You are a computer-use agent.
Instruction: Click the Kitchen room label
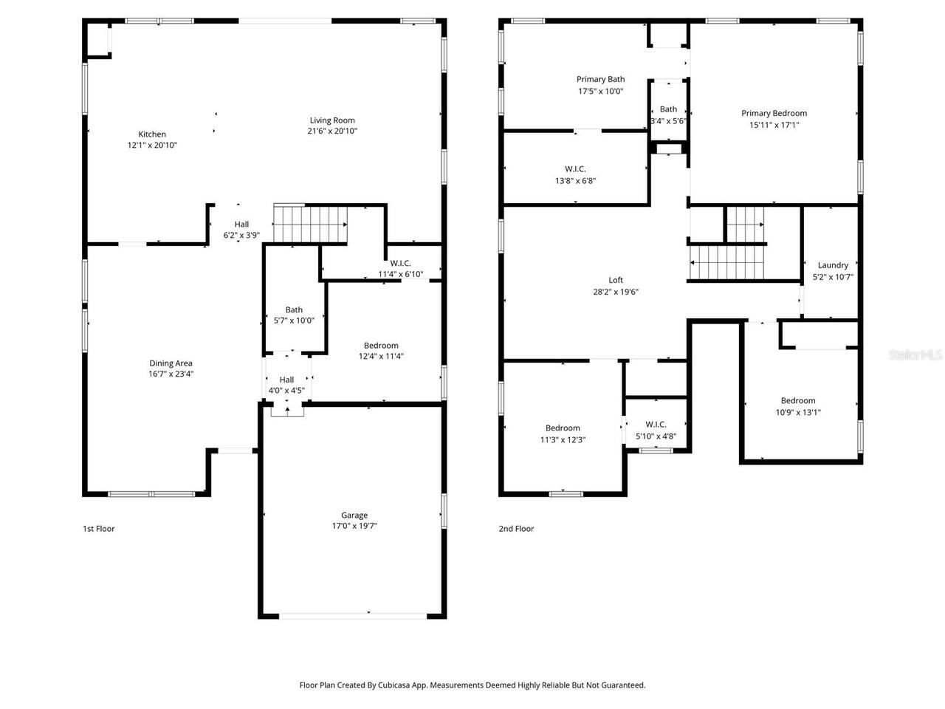[x=152, y=134]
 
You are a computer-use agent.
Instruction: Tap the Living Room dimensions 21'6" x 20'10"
[x=331, y=131]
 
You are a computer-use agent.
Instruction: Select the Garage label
[x=354, y=516]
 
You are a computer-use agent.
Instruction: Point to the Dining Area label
[x=171, y=363]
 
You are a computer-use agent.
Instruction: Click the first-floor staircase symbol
[x=310, y=224]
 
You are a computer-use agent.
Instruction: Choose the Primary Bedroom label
[x=774, y=114]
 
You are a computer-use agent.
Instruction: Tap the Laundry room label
[x=833, y=265]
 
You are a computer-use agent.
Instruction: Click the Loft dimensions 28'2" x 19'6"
[x=616, y=292]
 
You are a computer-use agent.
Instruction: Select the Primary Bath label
[x=600, y=80]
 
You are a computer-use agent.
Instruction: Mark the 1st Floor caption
[x=98, y=529]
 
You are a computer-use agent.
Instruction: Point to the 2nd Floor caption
[x=516, y=529]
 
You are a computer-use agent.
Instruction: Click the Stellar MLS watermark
[x=915, y=355]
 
